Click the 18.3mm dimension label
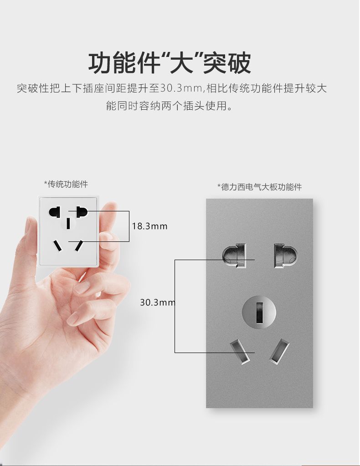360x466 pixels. (149, 226)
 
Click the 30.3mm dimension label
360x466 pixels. (158, 302)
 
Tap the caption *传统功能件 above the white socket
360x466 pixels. (66, 184)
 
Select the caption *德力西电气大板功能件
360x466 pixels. (260, 187)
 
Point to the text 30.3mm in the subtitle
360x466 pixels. (181, 88)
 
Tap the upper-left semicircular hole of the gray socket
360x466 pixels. (234, 255)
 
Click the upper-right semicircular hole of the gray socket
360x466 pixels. (285, 255)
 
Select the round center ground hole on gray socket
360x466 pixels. (259, 312)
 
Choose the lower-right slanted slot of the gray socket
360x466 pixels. (279, 351)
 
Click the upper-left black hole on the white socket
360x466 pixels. (54, 212)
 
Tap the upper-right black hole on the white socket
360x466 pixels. (82, 212)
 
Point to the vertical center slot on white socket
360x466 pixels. (68, 224)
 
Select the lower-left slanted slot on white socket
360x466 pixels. (58, 246)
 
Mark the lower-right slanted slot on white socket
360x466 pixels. (79, 246)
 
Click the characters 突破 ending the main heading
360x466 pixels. (227, 63)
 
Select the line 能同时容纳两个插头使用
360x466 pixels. (169, 106)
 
